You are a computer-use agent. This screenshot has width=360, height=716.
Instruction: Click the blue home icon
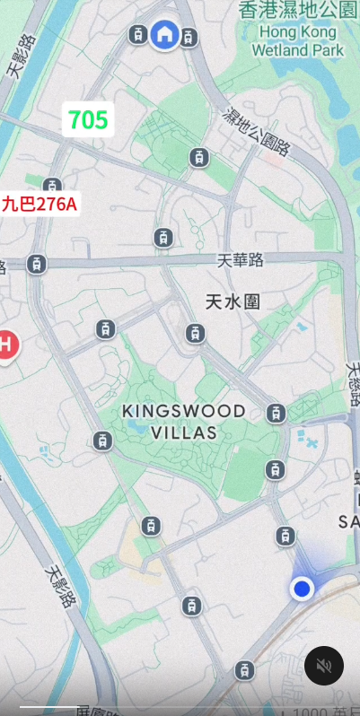(164, 35)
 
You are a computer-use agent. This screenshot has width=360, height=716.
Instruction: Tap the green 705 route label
(88, 119)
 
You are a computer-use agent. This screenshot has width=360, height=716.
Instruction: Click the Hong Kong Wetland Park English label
(298, 40)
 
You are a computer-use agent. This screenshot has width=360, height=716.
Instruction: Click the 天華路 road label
(241, 260)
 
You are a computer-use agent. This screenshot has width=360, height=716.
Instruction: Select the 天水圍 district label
(232, 301)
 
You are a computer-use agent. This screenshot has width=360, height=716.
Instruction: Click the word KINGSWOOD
(184, 411)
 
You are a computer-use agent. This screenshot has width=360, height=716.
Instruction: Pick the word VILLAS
(183, 432)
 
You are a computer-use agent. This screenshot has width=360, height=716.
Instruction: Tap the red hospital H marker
(5, 345)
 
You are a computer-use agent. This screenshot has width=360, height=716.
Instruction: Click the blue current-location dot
(302, 589)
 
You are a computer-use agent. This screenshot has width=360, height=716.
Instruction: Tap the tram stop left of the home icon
(136, 35)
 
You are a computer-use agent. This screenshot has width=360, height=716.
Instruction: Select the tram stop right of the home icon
(189, 37)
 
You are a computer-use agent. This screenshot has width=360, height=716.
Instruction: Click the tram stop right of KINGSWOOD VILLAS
(277, 413)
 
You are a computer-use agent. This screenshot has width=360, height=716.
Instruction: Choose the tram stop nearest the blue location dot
(285, 537)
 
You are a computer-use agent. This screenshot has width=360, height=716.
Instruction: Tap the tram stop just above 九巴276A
(53, 186)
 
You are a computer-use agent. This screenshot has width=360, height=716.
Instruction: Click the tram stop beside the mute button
(243, 670)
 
